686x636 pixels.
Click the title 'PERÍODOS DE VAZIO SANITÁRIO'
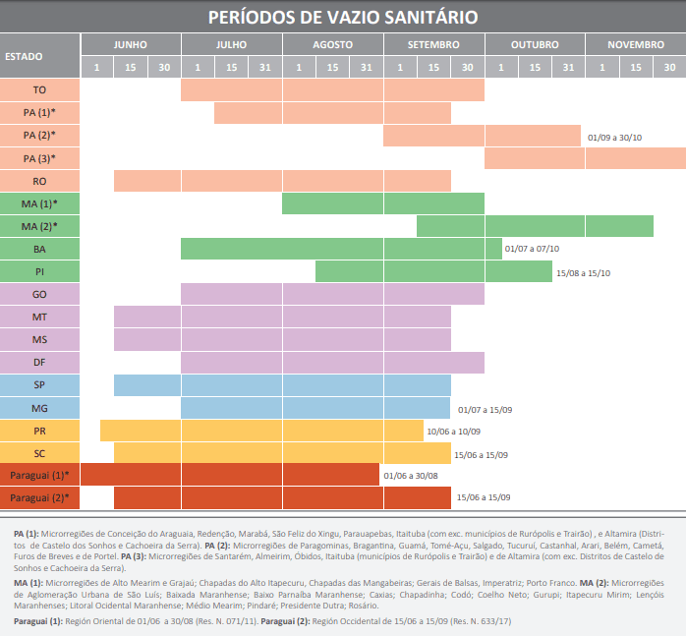point(343,17)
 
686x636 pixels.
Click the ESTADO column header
point(25,56)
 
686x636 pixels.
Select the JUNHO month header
point(130,44)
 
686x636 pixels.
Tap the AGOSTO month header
point(332,44)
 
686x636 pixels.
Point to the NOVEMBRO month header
point(635,44)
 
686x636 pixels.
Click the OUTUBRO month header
point(535,44)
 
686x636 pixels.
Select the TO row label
point(39,89)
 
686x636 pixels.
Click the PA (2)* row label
point(39,135)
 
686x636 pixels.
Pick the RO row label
point(39,181)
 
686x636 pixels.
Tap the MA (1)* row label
point(39,203)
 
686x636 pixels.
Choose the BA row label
point(39,249)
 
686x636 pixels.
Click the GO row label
point(39,294)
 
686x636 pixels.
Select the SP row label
point(39,384)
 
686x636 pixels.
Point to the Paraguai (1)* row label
point(39,476)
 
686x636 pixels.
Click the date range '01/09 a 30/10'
point(614,137)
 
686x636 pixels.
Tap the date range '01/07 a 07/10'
point(532,250)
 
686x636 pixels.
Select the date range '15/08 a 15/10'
point(584,272)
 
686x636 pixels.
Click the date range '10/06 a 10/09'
point(453,431)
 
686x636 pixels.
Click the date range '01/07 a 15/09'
point(485,408)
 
